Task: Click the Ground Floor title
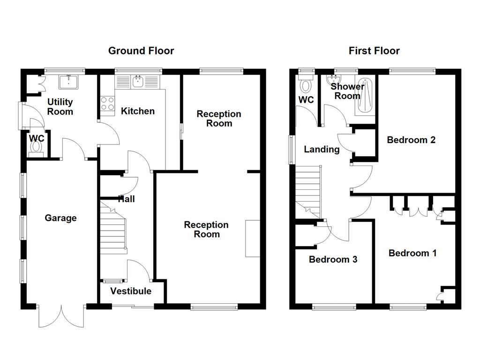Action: pos(141,51)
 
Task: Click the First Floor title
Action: pos(374,51)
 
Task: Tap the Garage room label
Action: pos(60,218)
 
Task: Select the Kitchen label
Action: pos(137,111)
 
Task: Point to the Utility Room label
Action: pos(60,107)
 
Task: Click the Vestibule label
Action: pos(131,291)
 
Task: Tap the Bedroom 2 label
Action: pos(411,140)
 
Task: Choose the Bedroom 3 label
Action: pos(333,259)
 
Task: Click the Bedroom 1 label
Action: pos(412,253)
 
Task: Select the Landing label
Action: pos(322,150)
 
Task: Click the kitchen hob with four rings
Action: pos(107,103)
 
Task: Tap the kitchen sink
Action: pos(138,82)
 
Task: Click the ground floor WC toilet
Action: pos(36,147)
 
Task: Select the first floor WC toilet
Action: pos(306,85)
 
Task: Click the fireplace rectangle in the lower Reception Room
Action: pos(253,238)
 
